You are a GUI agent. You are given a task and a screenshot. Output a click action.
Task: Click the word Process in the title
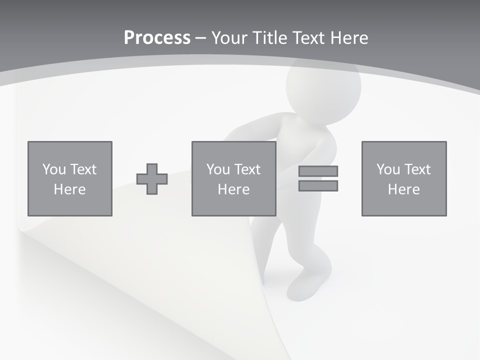point(157,38)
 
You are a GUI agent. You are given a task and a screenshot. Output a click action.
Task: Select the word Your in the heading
point(229,38)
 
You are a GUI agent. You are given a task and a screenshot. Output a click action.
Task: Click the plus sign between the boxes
point(152,179)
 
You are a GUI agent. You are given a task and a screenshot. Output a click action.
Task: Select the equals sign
point(318,178)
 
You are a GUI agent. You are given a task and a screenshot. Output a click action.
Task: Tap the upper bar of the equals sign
point(318,171)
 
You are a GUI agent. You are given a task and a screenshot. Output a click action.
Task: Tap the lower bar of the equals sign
point(318,186)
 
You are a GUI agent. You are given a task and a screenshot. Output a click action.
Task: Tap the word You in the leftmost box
point(54,169)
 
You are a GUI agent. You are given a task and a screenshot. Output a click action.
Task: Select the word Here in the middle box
point(234,189)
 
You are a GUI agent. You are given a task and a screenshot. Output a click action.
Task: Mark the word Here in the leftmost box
point(70,189)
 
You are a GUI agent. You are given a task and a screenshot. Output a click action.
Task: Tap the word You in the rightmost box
point(388,169)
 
